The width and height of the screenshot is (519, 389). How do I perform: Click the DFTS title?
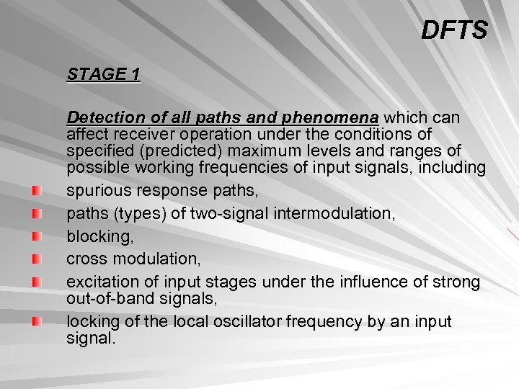[454, 30]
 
